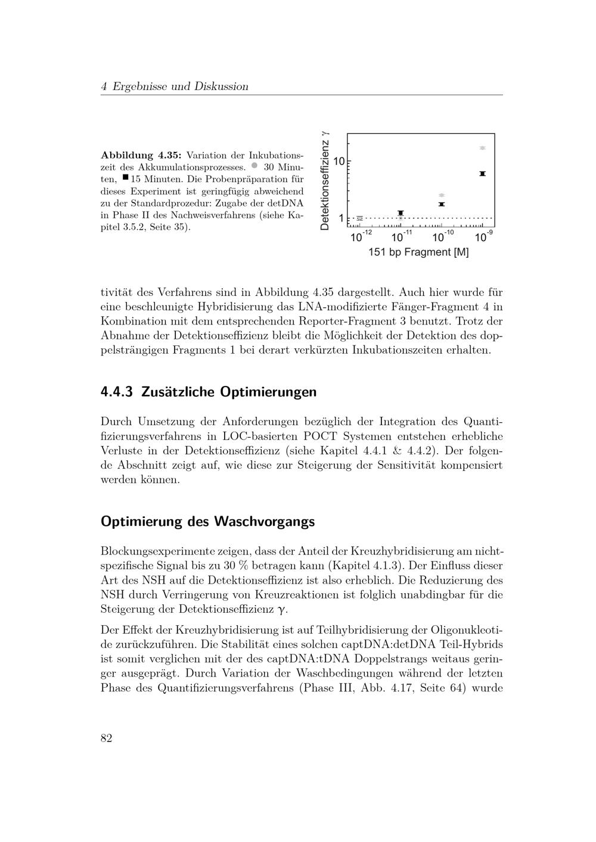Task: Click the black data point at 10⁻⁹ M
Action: (x=482, y=173)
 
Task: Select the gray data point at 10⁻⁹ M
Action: (x=482, y=148)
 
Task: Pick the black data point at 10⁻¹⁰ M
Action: (x=442, y=204)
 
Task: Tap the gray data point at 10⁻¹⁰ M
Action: (x=442, y=195)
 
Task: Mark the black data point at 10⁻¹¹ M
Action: (x=401, y=213)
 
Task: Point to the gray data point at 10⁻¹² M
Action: (x=359, y=219)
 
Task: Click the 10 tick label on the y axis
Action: (x=339, y=161)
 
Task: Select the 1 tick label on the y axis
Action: (x=342, y=219)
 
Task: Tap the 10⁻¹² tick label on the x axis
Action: (x=361, y=236)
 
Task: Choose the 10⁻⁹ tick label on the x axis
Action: (x=483, y=236)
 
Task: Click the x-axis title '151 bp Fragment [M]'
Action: (x=418, y=252)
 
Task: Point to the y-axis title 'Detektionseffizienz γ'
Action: (x=325, y=180)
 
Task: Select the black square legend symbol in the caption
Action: (x=125, y=177)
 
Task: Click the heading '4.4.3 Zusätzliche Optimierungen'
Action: (x=209, y=392)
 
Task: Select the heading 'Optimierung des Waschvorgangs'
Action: (x=207, y=522)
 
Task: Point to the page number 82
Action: (x=107, y=738)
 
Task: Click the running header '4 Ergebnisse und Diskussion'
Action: (x=175, y=86)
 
